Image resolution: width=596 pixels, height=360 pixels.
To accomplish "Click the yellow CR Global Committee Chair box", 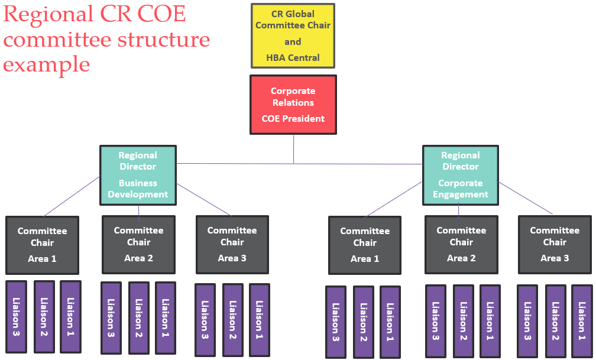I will (x=293, y=35).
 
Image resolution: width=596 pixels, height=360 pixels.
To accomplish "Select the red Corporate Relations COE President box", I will (x=293, y=104).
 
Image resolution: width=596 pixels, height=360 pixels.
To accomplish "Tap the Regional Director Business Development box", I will (x=138, y=174).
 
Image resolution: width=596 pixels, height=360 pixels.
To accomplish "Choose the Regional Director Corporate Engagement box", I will (x=461, y=174).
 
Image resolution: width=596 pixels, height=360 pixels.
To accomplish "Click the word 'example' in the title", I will (x=47, y=64).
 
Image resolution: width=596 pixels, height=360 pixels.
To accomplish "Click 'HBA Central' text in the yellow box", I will (x=293, y=57).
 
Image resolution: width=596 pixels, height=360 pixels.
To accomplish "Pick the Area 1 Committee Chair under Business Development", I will (x=42, y=244).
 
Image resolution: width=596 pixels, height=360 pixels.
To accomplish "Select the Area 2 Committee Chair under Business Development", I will (x=138, y=244).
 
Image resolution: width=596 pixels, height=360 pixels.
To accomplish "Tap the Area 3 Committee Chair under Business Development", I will (x=232, y=244).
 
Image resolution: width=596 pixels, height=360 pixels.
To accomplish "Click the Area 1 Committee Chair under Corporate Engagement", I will (x=365, y=244).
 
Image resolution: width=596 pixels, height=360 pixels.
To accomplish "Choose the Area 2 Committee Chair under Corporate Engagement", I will (x=461, y=244).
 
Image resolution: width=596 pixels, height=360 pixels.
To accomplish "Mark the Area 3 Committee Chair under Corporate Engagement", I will (x=555, y=244).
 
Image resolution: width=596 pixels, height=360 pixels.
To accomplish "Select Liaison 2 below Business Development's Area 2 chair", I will (x=138, y=317).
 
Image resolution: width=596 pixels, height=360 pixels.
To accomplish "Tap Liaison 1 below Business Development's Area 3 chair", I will (x=259, y=319).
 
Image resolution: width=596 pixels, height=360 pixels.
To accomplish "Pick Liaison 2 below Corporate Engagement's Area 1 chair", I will (x=363, y=322).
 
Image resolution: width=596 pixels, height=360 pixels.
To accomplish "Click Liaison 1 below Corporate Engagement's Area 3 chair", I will (x=582, y=321).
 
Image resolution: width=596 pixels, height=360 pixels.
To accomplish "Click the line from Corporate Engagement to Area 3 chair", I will (x=526, y=198).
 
